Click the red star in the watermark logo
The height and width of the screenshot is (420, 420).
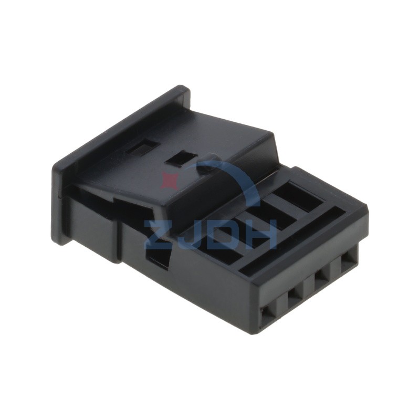(169, 180)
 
